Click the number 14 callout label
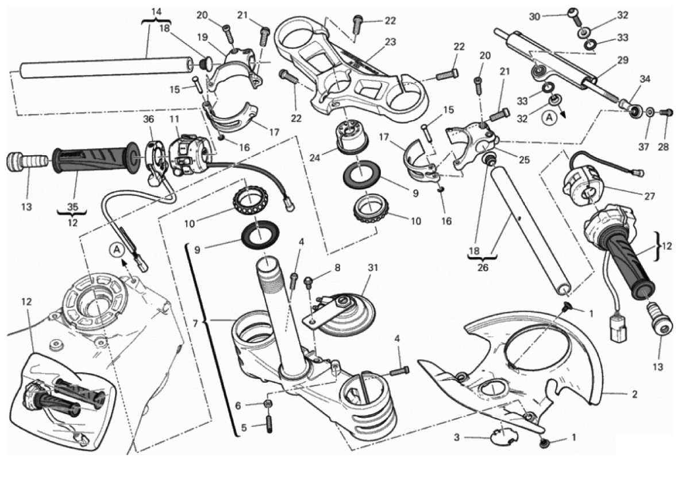coord(157,11)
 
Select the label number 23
coord(391,42)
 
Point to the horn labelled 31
coord(345,313)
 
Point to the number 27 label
coord(649,195)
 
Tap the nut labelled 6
coord(268,405)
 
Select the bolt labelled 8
coord(309,281)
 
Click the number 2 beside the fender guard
coord(634,394)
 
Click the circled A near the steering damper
coord(549,117)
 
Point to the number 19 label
coord(201,36)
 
